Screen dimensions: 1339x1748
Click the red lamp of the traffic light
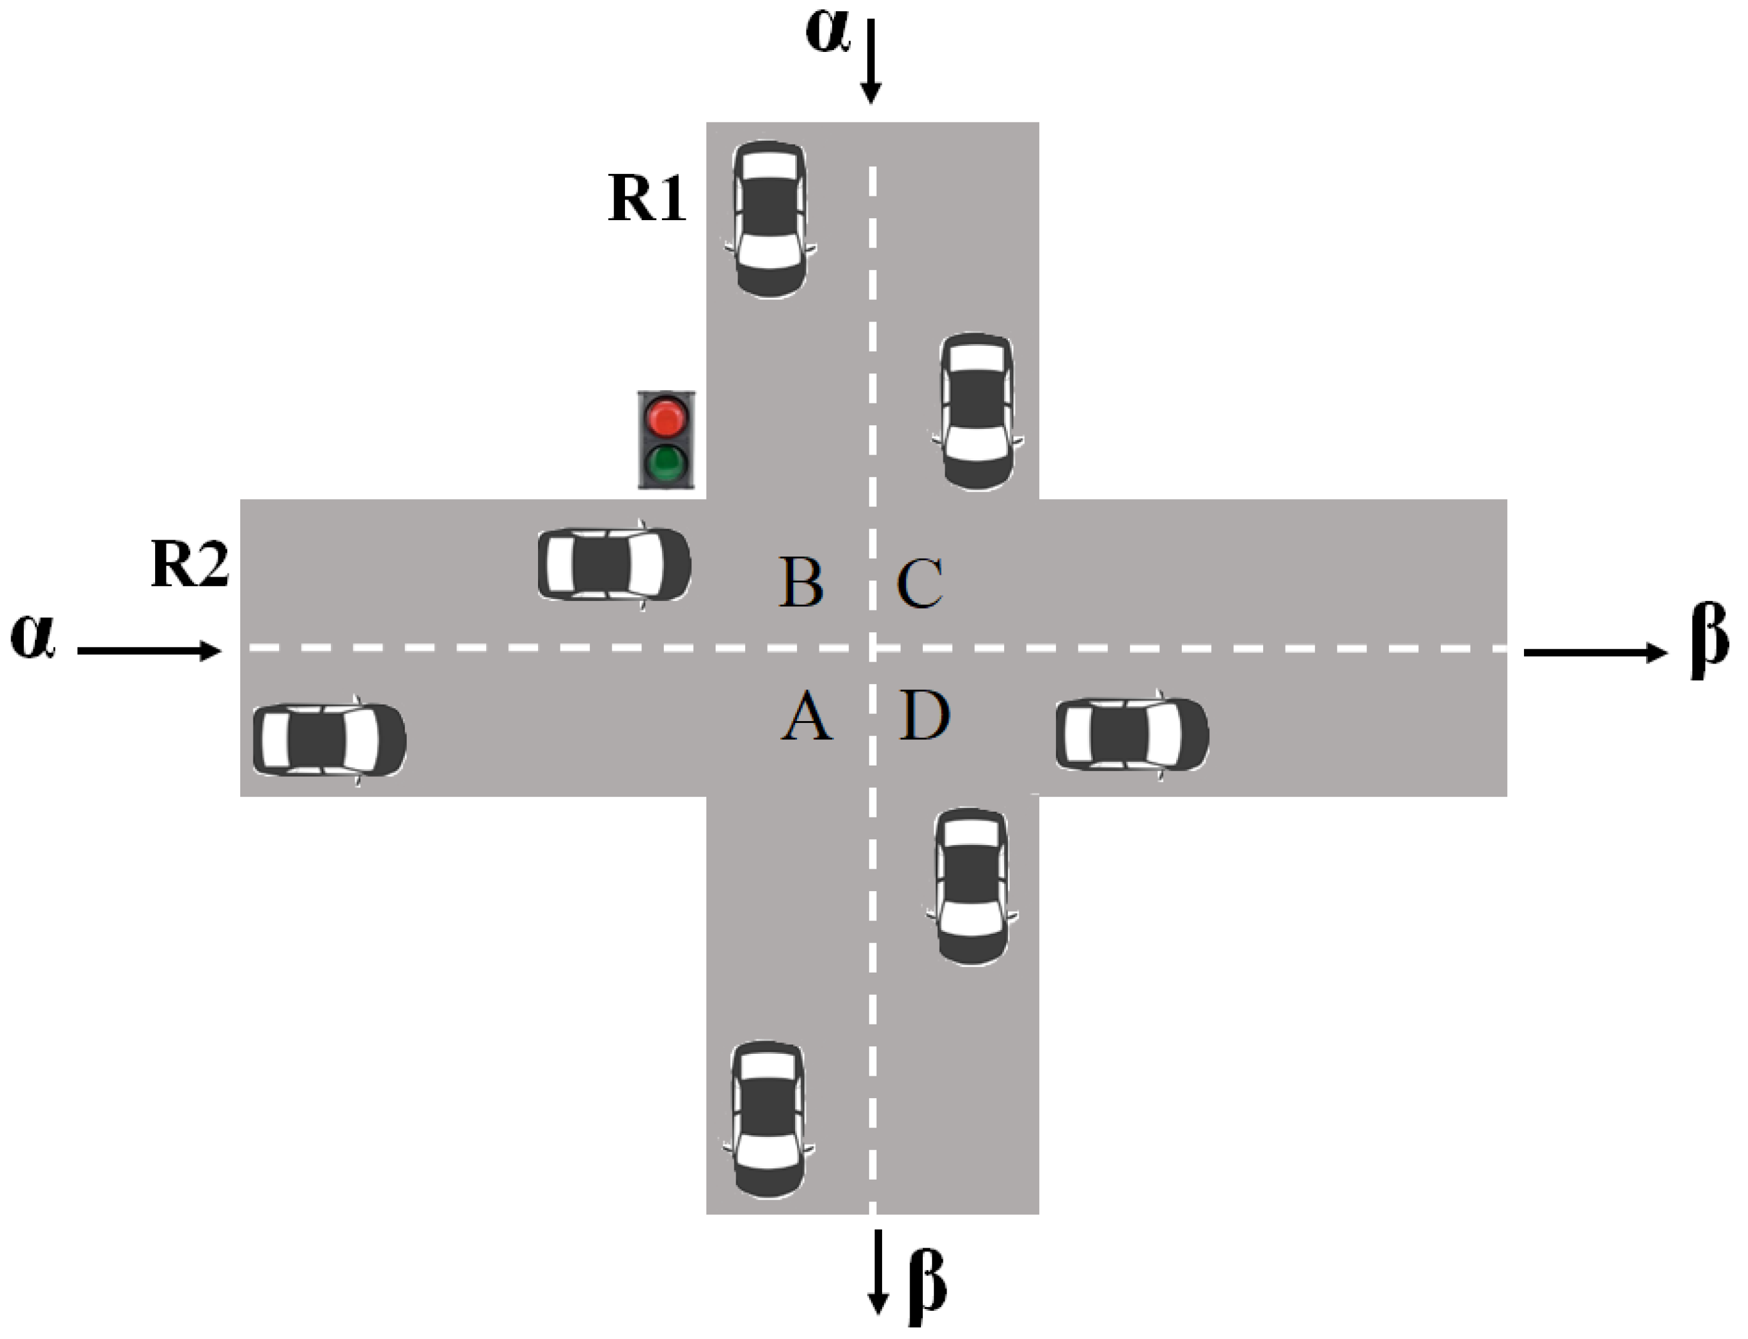666,418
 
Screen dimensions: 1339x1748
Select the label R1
646,198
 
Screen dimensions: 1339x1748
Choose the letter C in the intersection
921,584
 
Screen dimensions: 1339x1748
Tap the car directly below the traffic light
614,563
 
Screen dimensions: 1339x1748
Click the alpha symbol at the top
829,34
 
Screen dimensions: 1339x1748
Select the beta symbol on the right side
1708,640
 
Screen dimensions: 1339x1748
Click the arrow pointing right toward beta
1594,653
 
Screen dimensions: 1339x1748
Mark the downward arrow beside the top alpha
871,62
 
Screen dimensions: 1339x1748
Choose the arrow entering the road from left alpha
149,651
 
